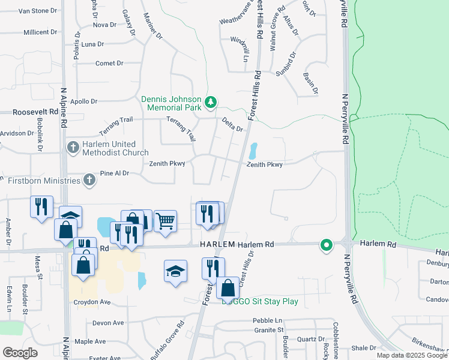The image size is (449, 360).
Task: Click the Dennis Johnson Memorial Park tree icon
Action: (210, 103)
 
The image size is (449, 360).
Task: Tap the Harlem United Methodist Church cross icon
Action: (73, 147)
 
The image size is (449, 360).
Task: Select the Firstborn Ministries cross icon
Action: (89, 179)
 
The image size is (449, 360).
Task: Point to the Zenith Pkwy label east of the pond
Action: (264, 164)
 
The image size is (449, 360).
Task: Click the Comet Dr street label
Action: (109, 63)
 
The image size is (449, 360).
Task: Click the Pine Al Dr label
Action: (115, 173)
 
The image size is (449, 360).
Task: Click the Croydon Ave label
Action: (92, 302)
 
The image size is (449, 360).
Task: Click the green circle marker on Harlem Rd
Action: (327, 245)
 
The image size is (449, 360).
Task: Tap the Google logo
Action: (20, 353)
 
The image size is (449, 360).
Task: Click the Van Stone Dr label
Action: (38, 11)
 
